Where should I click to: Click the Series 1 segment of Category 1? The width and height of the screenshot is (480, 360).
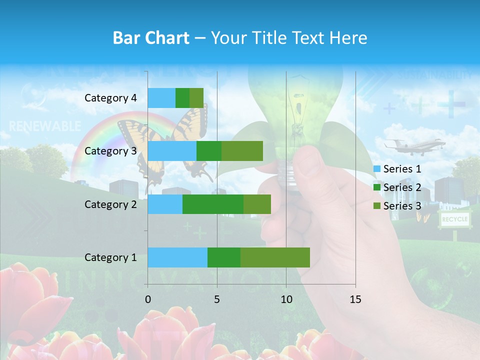pos(177,257)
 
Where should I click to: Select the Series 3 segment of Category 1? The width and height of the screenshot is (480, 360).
pos(275,257)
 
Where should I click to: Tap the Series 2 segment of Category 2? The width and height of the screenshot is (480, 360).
pos(213,204)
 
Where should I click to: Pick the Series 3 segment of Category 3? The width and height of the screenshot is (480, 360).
pos(242,151)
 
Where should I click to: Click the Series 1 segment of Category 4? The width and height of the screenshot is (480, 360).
pos(161,98)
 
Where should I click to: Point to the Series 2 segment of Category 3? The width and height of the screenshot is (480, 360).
pos(209,151)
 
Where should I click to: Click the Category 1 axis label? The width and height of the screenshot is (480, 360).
pos(110,257)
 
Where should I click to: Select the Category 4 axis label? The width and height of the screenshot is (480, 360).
pos(110,98)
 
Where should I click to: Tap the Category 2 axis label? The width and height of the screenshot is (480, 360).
pos(110,204)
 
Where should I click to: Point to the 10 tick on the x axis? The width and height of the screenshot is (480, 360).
pos(286,299)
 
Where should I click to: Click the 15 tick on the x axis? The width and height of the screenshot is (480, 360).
pos(355,299)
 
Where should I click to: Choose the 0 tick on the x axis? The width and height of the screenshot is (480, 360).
pos(147,299)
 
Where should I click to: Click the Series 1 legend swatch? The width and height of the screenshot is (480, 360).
pos(377,169)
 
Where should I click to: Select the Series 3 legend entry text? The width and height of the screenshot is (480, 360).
pos(402,206)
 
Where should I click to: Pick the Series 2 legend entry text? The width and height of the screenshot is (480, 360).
pos(402,187)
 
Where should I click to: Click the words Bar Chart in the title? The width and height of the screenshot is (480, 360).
pos(150,38)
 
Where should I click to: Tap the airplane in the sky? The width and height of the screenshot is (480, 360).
pos(414,145)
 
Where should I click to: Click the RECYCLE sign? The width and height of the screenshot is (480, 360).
pos(454,219)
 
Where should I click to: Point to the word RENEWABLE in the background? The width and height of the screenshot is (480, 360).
pos(45,125)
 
